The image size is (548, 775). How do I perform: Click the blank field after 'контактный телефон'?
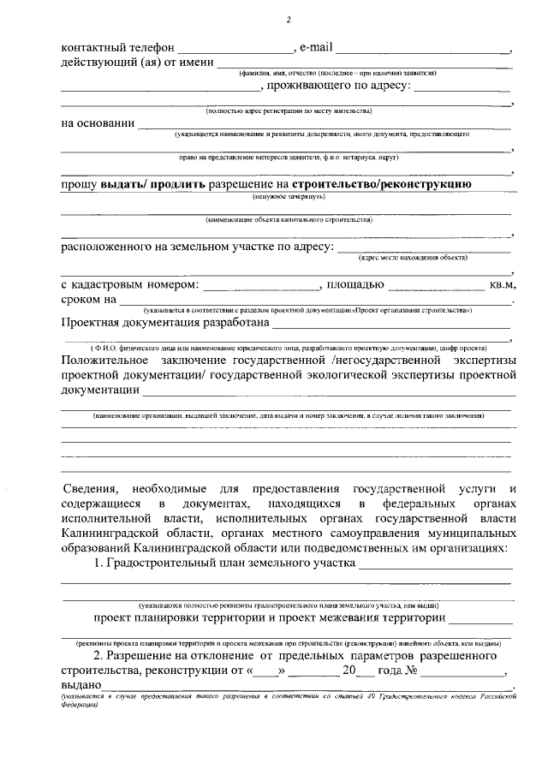(x=234, y=49)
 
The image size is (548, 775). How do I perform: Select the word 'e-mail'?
(x=314, y=46)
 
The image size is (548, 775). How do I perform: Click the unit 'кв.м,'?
(x=502, y=284)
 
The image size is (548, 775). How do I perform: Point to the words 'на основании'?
(x=98, y=123)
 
